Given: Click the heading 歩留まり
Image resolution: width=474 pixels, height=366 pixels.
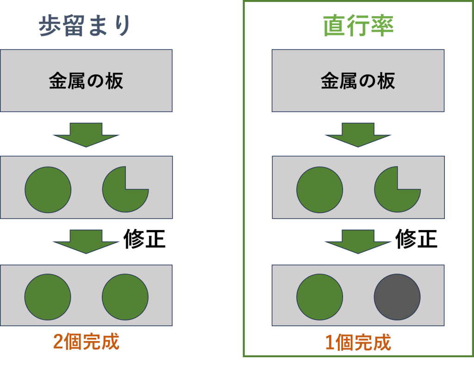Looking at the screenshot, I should click(x=86, y=25).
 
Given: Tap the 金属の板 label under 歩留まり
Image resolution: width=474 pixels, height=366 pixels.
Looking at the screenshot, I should click(x=86, y=81).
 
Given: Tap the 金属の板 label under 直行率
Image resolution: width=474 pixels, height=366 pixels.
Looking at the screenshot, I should click(x=358, y=81).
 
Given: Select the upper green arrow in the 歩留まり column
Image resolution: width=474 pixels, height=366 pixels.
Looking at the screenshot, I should click(x=86, y=134).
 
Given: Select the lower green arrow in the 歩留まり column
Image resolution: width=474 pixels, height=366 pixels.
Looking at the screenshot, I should click(x=86, y=241).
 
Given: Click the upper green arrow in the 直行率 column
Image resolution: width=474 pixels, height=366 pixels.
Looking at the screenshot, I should click(x=358, y=134).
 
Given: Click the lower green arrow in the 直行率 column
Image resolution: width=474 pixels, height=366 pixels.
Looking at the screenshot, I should click(x=358, y=241).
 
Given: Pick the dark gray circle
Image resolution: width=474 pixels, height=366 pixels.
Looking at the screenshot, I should click(x=397, y=297).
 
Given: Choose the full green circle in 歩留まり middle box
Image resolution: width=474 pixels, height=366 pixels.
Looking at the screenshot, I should click(x=48, y=190).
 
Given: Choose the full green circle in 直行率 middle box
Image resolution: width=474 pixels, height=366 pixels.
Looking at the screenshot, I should click(x=320, y=190).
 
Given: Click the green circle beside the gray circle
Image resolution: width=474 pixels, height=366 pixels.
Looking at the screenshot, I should click(x=320, y=297).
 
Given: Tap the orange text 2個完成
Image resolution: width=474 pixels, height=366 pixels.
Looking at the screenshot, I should click(x=86, y=342).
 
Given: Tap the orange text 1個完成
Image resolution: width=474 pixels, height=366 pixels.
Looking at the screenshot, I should click(x=358, y=343).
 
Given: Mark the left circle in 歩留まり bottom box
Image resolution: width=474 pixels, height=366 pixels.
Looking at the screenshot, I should click(x=48, y=297).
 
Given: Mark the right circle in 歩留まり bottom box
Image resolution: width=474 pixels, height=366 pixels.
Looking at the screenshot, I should click(x=125, y=297).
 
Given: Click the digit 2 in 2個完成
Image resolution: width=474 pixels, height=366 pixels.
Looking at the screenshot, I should click(x=59, y=342).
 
